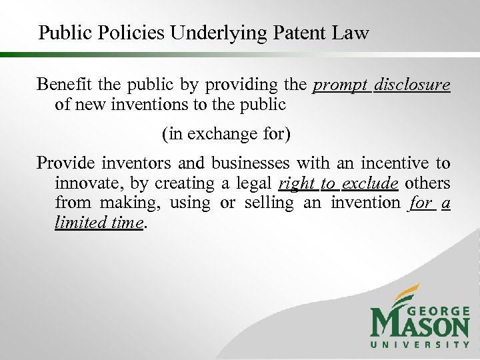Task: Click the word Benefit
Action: (x=62, y=85)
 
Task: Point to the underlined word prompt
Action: (x=339, y=86)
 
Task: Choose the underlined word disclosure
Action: (x=412, y=86)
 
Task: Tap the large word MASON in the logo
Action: (x=419, y=326)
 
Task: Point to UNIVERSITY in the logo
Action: (x=420, y=345)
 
